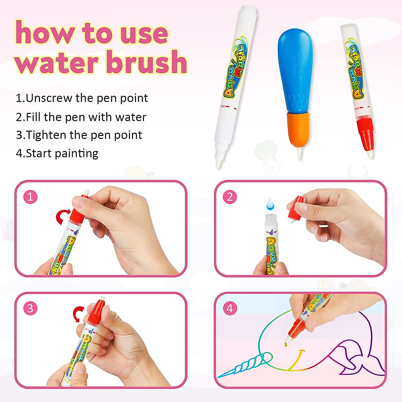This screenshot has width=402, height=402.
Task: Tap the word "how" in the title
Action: [x=45, y=33]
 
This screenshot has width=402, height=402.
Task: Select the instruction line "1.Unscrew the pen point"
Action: [x=82, y=98]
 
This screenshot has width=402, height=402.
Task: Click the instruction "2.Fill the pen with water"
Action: [x=81, y=117]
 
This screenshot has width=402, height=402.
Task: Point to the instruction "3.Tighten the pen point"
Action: [x=79, y=135]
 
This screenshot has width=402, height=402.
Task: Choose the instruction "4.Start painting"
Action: [x=57, y=153]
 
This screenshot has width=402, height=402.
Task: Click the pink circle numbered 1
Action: [x=30, y=197]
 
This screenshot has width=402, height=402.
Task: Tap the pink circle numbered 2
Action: [x=230, y=197]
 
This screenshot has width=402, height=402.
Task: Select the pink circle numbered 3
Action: [x=30, y=308]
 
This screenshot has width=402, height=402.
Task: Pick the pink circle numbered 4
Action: [x=230, y=308]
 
